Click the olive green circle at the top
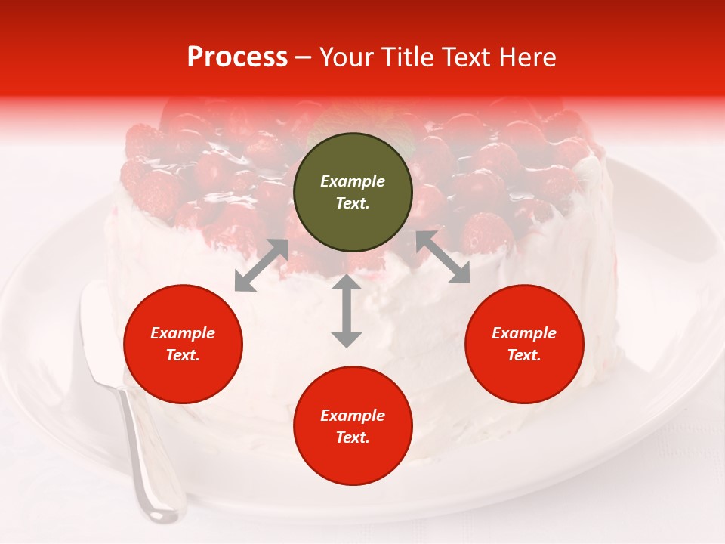coord(353,193)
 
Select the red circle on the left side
coord(183,344)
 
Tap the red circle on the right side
coord(524,344)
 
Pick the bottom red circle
coord(353,426)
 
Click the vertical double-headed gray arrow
coord(347,311)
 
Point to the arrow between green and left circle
coord(261,265)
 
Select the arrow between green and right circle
coord(443,258)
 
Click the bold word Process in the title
coord(237,57)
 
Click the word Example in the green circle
coord(353,181)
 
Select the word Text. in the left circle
coord(183,355)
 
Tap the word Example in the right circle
coord(524,333)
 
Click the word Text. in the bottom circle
coord(353,437)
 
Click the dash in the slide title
coord(303,58)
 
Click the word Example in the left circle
coord(183,333)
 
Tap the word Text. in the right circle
coord(524,355)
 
